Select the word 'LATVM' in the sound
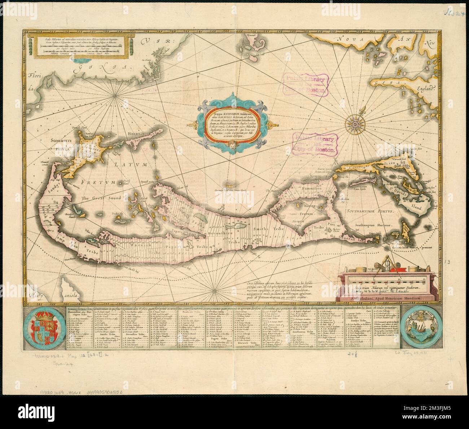point(129,165)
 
